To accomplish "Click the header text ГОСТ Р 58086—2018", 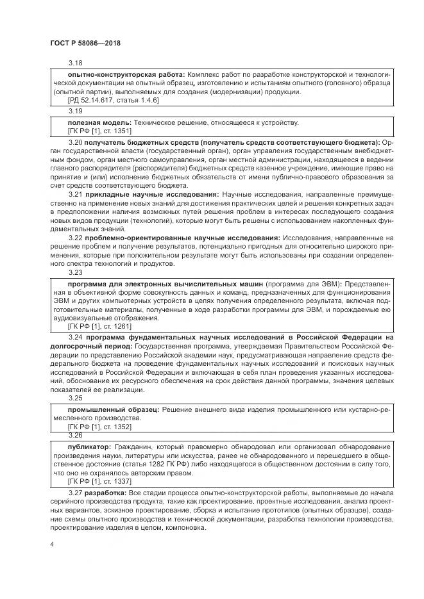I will [85, 44].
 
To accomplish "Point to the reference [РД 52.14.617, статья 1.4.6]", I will [112, 101].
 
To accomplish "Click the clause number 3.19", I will [76, 110].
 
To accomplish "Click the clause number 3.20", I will [76, 141].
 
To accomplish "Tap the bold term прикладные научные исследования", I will [152, 193].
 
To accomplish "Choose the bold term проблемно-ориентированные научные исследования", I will [182, 238].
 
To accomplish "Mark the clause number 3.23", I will [76, 272].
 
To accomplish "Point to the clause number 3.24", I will [76, 336].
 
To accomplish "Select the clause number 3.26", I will [76, 434].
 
